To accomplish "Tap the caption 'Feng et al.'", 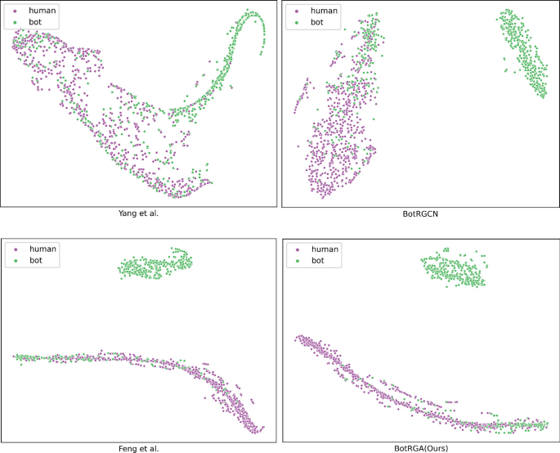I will point(137,447).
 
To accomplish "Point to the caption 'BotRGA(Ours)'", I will point(419,447).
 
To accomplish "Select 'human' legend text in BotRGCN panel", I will point(325,11).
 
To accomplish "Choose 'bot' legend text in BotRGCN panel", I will point(318,24).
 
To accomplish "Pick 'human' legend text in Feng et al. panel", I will point(43,248).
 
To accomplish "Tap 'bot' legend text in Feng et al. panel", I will point(37,260).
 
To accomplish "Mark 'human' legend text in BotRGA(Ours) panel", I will point(325,248).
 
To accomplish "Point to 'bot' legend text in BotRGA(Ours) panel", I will point(318,260).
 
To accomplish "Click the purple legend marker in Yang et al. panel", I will point(16,11).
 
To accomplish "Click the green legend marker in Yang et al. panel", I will point(16,24).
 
